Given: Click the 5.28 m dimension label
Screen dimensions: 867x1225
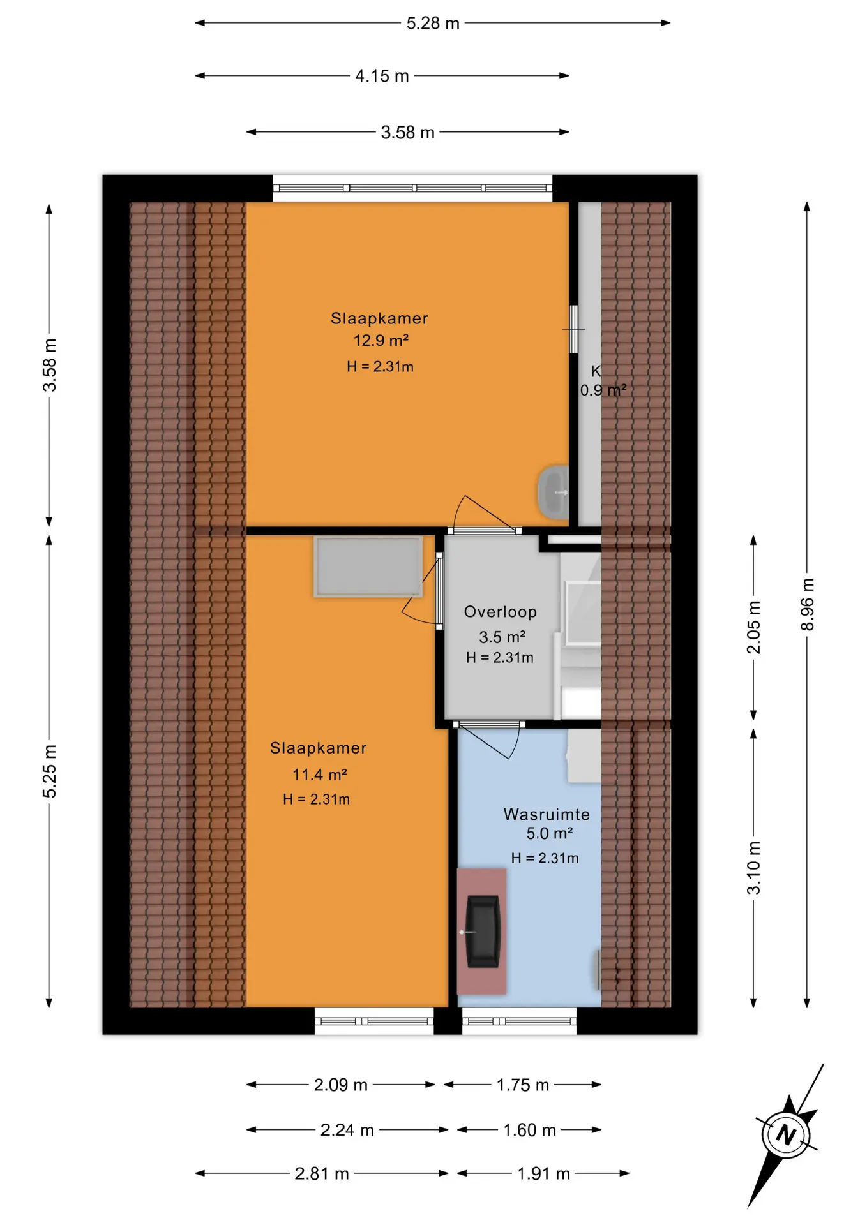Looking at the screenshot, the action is [433, 24].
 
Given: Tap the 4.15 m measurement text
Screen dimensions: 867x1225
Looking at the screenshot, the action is [382, 76].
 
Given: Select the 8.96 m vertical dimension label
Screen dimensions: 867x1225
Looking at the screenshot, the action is [808, 604].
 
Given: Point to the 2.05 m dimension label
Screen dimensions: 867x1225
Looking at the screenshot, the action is [754, 627].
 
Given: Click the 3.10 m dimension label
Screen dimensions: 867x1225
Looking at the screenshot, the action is [754, 868].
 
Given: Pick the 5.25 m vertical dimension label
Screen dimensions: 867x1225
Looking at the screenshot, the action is [50, 771].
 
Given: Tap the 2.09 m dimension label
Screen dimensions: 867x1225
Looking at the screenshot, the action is [340, 1085].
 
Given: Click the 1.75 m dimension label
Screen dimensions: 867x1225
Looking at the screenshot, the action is [523, 1085].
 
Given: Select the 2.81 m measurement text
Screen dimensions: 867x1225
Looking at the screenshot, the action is [322, 1173].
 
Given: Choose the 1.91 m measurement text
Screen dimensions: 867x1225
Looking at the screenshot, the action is [543, 1173].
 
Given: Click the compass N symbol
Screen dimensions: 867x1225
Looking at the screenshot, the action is [786, 1135].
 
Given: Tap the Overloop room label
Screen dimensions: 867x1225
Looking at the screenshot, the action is [501, 612].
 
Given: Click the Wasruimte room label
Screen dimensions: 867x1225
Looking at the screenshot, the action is [547, 814].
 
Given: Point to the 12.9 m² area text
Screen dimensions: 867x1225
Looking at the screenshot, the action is [381, 340].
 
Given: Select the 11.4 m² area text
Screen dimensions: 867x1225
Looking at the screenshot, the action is [319, 775].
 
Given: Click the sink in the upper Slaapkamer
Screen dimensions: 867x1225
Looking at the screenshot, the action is [554, 492].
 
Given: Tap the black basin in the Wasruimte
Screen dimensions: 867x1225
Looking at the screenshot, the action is [482, 932].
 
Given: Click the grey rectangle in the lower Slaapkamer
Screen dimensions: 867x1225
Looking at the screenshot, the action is [368, 567].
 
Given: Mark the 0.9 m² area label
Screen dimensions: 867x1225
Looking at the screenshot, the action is [603, 390].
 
